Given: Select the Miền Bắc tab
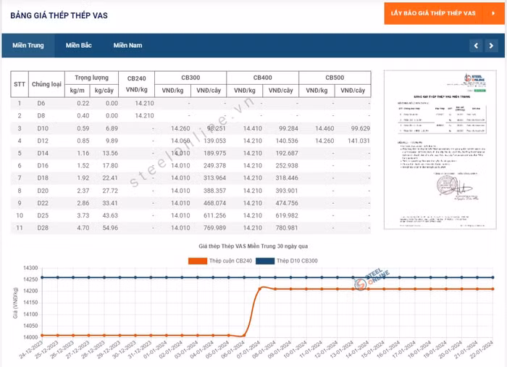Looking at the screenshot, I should tap(78, 46).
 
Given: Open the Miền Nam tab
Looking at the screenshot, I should tap(127, 46).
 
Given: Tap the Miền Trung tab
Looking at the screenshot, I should tap(28, 46).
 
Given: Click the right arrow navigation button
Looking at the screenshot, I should tap(492, 46).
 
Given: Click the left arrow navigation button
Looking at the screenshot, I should tap(475, 46).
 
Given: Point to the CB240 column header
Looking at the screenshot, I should tap(136, 78).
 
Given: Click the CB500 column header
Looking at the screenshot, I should tap(334, 78).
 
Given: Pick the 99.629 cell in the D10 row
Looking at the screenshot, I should tap(355, 128).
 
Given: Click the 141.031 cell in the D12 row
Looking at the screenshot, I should tap(355, 141).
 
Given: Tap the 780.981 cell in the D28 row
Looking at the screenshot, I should tap(282, 228).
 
